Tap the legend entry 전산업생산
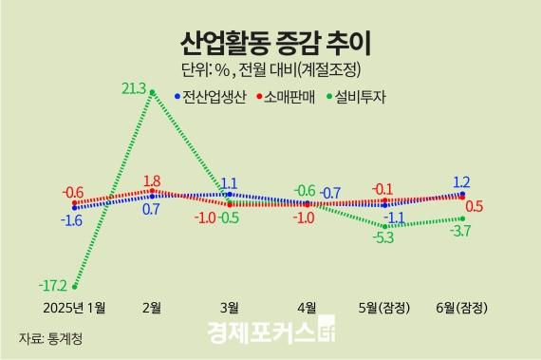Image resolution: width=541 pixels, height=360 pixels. (x=215, y=95)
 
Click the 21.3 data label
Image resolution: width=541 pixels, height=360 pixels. (x=134, y=88)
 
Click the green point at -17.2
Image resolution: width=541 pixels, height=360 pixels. (x=75, y=287)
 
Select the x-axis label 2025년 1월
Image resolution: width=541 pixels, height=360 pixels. (x=75, y=307)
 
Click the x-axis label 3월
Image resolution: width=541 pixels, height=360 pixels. (x=229, y=307)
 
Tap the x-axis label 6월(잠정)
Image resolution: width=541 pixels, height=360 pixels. (x=461, y=307)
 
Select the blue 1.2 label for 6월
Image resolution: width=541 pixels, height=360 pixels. (x=462, y=181)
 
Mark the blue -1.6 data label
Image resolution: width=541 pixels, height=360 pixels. (x=72, y=220)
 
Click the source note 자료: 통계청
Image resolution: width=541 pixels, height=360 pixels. (x=50, y=338)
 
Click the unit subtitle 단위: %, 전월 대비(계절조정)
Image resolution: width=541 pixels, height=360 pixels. (x=273, y=69)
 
